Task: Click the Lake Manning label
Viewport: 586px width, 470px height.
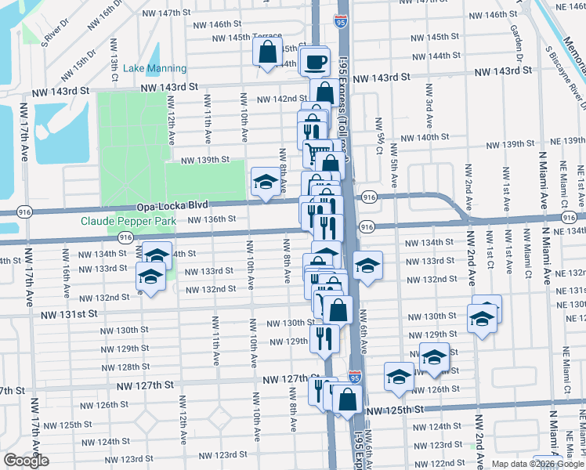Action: [155, 69]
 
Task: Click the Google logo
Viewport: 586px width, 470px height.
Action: [26, 461]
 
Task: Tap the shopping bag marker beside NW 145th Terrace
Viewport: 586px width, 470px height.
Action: [267, 52]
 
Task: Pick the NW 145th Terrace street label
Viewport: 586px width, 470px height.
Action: [247, 37]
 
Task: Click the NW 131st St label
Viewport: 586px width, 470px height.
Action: [71, 313]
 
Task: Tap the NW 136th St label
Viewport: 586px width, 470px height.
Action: [212, 220]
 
